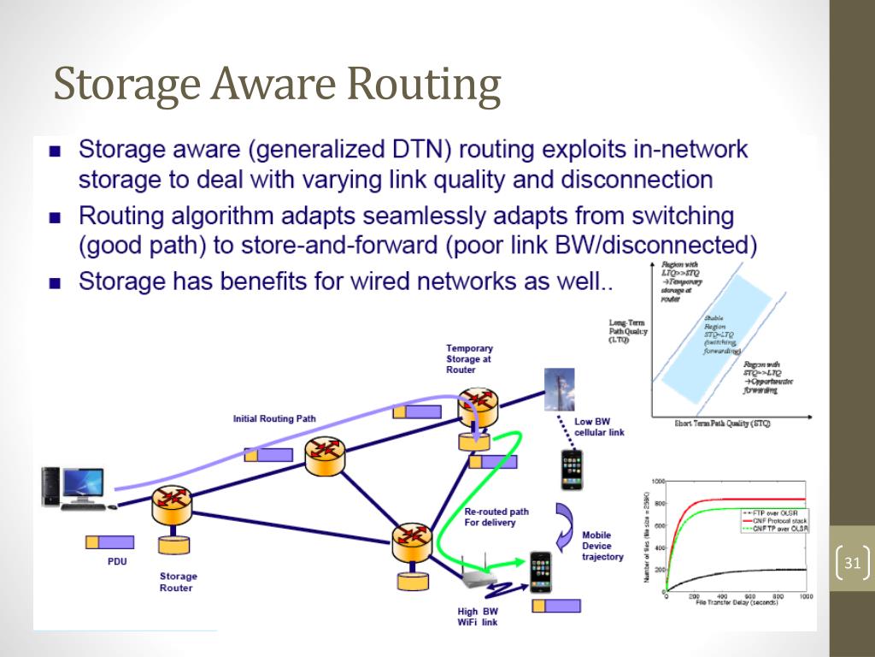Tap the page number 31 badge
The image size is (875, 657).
coord(851,564)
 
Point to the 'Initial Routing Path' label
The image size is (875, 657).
coord(274,419)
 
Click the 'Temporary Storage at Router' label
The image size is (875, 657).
coord(469,359)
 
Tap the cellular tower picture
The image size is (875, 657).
coord(560,388)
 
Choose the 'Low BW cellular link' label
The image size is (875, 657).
coord(599,427)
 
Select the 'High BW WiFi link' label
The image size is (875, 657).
coord(478,617)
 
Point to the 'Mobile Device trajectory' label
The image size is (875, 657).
coord(602,546)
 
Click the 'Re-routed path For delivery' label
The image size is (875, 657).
coord(496,517)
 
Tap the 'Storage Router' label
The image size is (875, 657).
coord(178,582)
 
